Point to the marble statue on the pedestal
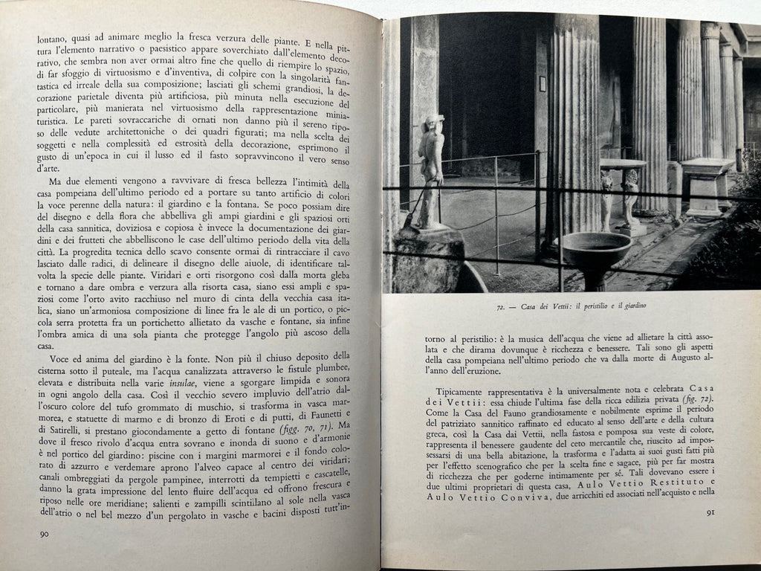tap(429, 170)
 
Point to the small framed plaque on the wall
tap(542, 83)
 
